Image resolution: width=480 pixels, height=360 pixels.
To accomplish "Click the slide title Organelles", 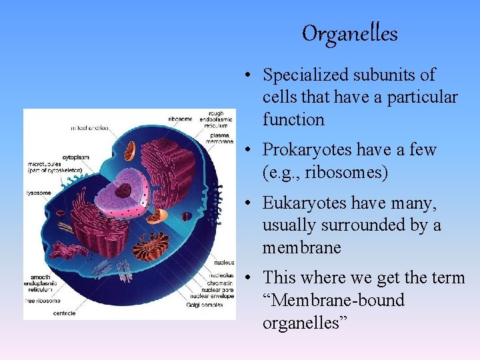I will pyautogui.click(x=349, y=33).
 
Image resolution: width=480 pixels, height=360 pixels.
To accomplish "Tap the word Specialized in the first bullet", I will pyautogui.click(x=305, y=75).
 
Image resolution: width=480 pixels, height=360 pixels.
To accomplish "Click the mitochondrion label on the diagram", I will pyautogui.click(x=91, y=127).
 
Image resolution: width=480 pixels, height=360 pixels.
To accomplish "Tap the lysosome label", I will pyautogui.click(x=39, y=193).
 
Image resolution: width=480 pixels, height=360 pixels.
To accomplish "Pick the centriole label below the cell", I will pyautogui.click(x=64, y=313).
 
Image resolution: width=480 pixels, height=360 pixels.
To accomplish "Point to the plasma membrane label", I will pyautogui.click(x=220, y=138).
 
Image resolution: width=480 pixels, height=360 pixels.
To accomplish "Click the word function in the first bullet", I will pyautogui.click(x=293, y=120).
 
